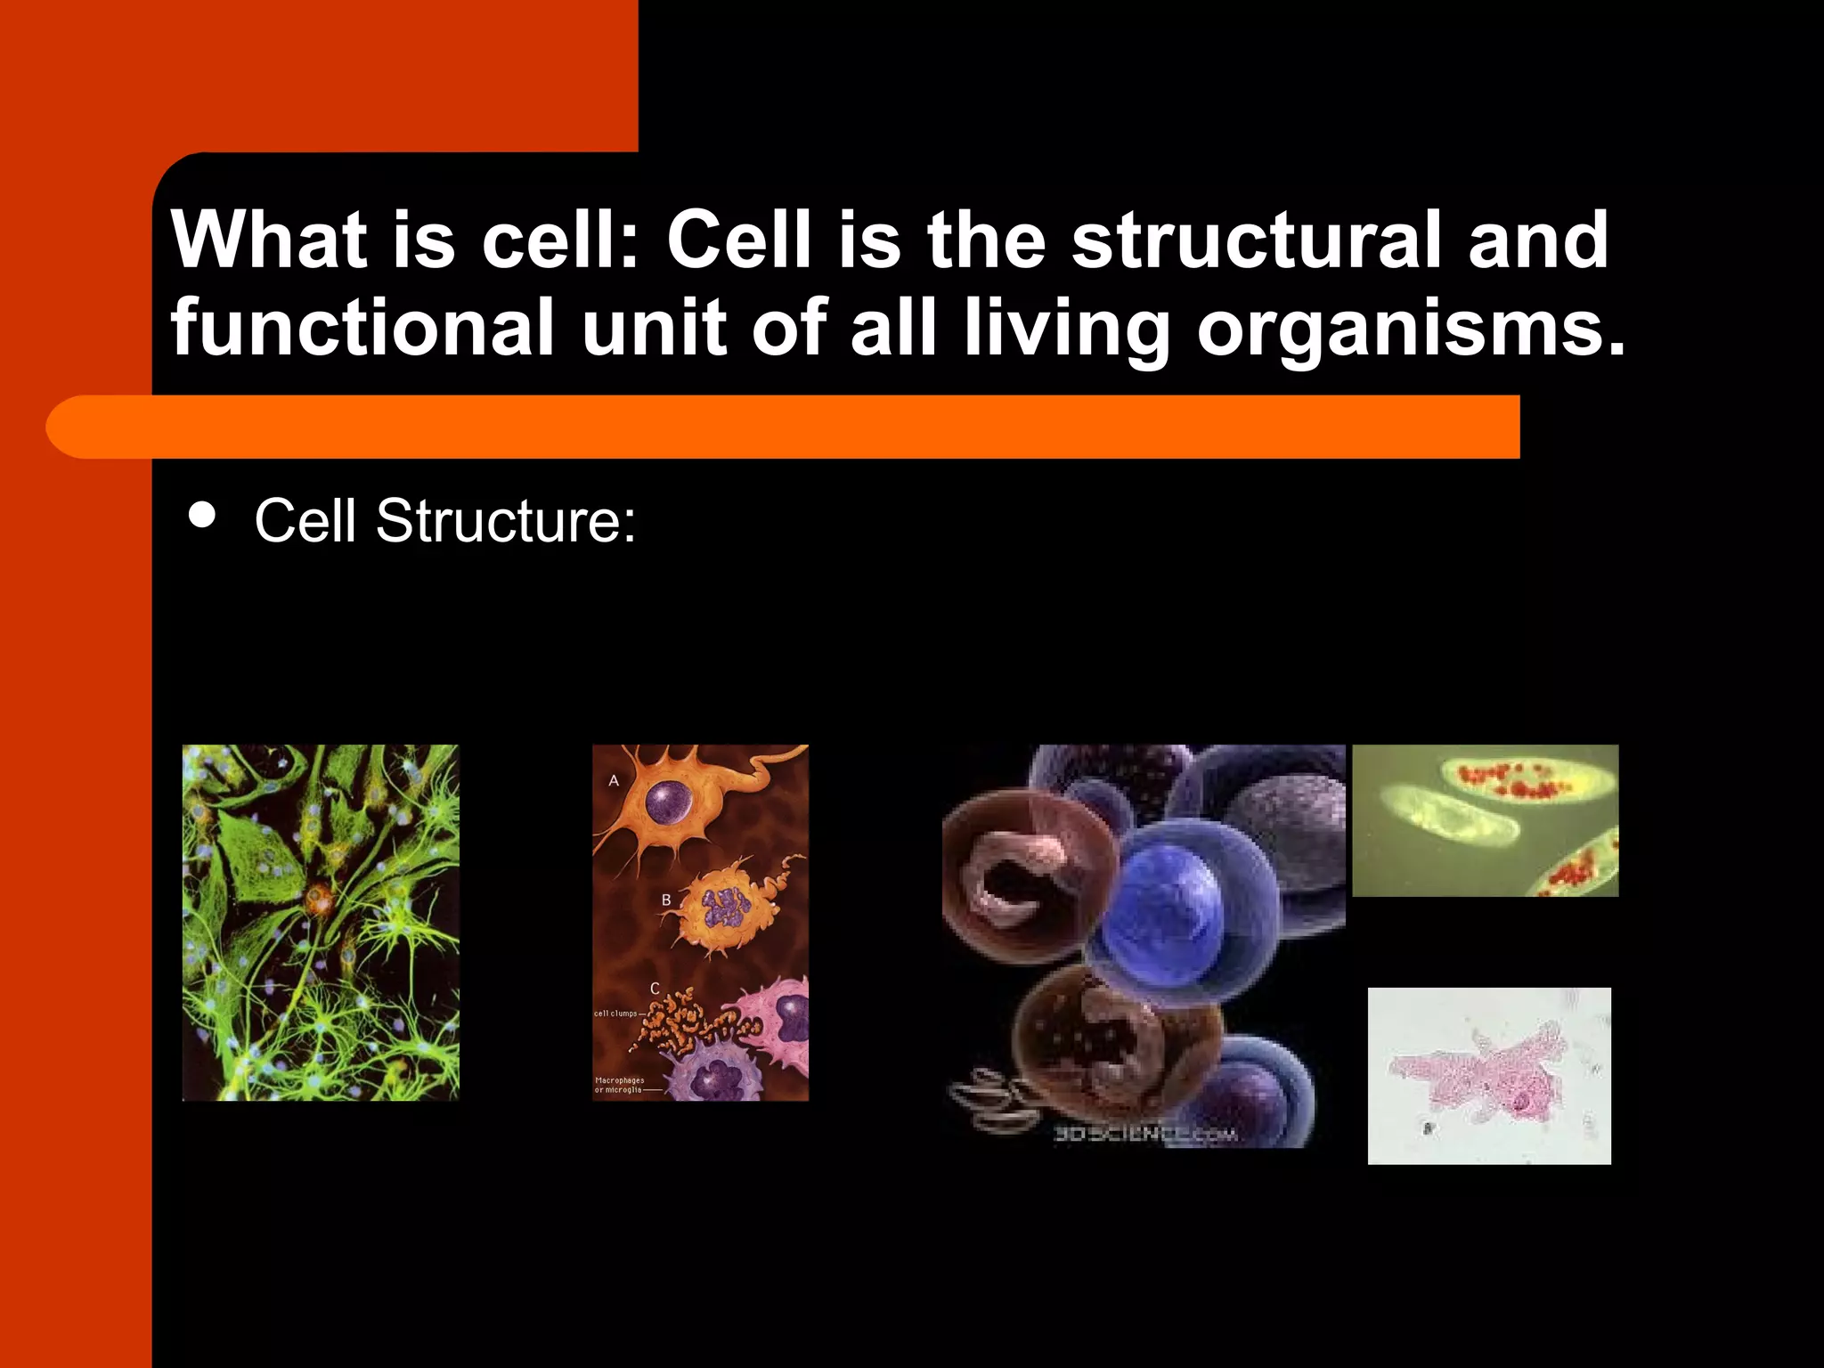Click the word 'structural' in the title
(1256, 240)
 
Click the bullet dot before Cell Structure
(203, 516)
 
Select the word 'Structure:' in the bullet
(506, 521)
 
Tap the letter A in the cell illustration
(614, 781)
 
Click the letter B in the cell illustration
(666, 900)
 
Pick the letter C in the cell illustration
(655, 989)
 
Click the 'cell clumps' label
(616, 1014)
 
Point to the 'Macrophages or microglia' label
(619, 1085)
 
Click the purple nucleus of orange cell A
(669, 802)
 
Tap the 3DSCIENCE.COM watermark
(1145, 1134)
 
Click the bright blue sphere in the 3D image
(1167, 904)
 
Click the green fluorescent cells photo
(321, 923)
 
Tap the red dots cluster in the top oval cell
(1514, 780)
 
